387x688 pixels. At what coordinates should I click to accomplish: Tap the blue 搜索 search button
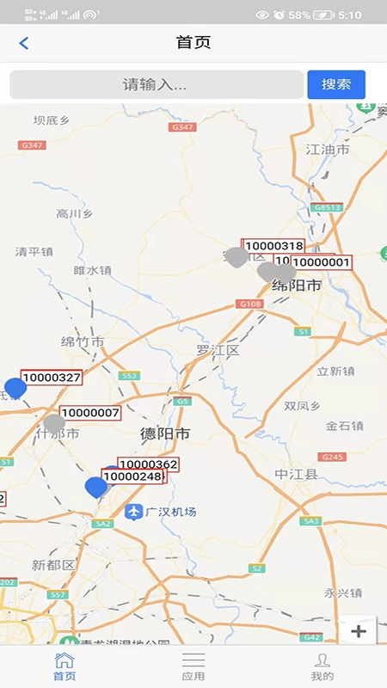tap(336, 84)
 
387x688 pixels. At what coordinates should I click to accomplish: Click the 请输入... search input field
tap(156, 84)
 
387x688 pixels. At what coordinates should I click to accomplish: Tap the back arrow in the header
tap(24, 43)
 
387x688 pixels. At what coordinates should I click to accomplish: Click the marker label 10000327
tap(52, 378)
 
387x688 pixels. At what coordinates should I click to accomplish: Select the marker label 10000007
tap(90, 414)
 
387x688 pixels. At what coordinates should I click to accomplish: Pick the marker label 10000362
tap(148, 464)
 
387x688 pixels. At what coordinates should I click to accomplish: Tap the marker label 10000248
tap(132, 476)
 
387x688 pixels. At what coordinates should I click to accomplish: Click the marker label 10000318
tap(273, 246)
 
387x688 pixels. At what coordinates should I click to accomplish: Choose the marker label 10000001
tap(321, 262)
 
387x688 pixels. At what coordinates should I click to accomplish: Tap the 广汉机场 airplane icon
tap(133, 513)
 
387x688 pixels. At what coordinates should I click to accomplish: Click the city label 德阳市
tap(165, 434)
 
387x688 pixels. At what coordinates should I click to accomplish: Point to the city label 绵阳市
tap(296, 286)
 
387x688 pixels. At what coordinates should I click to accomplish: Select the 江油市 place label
tap(328, 150)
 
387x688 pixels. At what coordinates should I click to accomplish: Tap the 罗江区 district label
tap(217, 350)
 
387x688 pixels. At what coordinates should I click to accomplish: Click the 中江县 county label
tap(296, 474)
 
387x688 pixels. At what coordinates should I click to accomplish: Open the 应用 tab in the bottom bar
tap(193, 665)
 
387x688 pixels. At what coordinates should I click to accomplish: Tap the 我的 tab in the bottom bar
tap(322, 665)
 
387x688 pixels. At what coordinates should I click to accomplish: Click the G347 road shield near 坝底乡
tap(32, 145)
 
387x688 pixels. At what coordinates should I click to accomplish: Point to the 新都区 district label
tap(53, 565)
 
